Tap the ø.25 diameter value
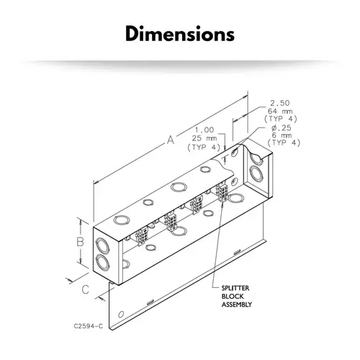282,128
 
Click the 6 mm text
283,135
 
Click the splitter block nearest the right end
222,192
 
